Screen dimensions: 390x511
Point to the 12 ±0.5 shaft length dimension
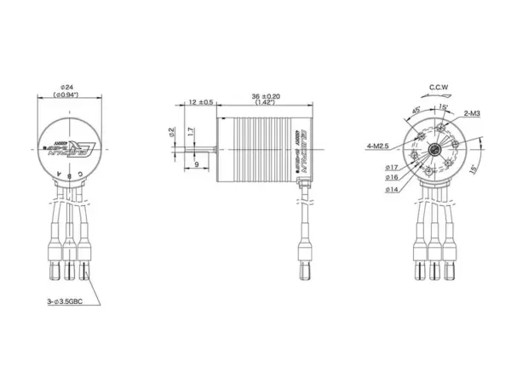pyautogui.click(x=200, y=102)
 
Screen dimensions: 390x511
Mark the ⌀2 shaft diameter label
pyautogui.click(x=172, y=133)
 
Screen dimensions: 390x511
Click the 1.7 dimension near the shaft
pyautogui.click(x=192, y=133)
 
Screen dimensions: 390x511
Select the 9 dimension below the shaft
pyautogui.click(x=197, y=163)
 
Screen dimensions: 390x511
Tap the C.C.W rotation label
pyautogui.click(x=440, y=87)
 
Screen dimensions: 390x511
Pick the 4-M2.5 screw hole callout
pyautogui.click(x=378, y=146)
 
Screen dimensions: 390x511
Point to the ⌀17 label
pyautogui.click(x=393, y=169)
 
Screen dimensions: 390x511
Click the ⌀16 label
pyautogui.click(x=393, y=178)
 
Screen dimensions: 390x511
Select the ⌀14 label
pyautogui.click(x=393, y=189)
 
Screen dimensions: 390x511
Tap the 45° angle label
pyautogui.click(x=416, y=112)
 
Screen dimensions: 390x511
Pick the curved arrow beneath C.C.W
pyautogui.click(x=440, y=100)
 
